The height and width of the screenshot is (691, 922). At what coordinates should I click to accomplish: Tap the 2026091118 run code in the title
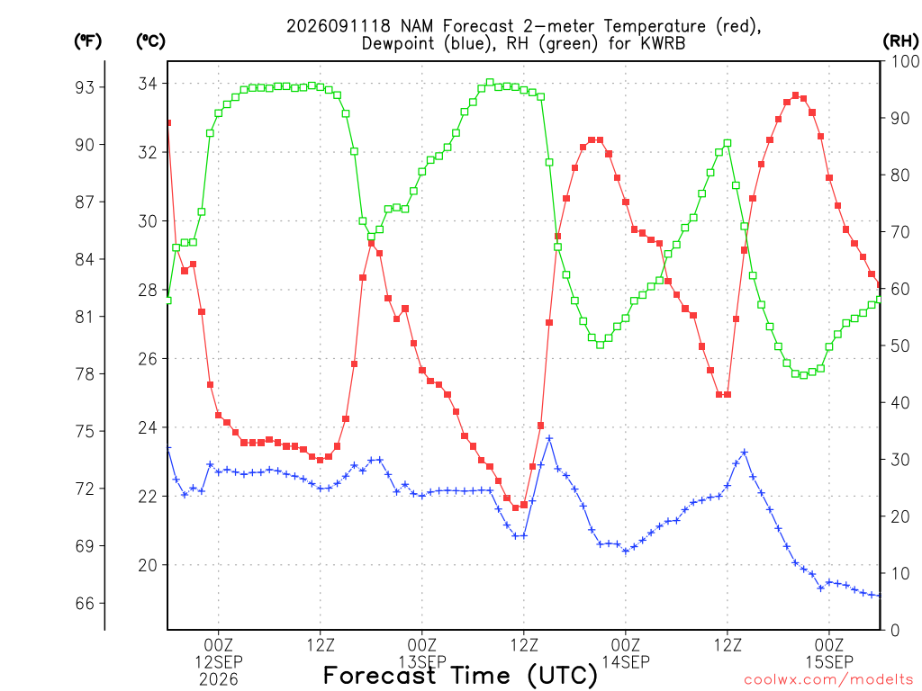[x=339, y=26]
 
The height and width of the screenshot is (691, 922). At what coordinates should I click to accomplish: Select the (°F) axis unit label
[x=87, y=41]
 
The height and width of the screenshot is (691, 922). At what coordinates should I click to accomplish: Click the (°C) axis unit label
[x=150, y=41]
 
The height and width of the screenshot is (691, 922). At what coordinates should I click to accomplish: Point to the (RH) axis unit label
[x=900, y=41]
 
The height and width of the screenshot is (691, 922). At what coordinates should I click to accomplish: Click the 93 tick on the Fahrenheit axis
[x=85, y=87]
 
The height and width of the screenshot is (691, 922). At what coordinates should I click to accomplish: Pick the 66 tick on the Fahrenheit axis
[x=85, y=604]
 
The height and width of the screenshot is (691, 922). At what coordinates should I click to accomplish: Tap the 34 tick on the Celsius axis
[x=149, y=84]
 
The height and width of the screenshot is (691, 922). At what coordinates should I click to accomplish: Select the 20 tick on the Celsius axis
[x=149, y=565]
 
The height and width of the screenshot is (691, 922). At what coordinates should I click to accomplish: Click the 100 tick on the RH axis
[x=905, y=62]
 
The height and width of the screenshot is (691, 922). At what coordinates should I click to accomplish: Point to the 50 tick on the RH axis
[x=900, y=346]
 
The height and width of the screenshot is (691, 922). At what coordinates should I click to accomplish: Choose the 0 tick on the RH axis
[x=896, y=631]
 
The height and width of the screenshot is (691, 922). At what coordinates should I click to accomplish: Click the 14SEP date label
[x=626, y=662]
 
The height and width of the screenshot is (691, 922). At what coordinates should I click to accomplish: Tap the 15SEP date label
[x=829, y=662]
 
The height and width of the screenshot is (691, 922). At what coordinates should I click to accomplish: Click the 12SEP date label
[x=219, y=662]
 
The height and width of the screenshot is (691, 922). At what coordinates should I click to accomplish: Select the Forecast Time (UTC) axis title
[x=460, y=676]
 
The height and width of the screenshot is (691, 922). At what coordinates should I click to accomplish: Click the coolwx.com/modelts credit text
[x=828, y=680]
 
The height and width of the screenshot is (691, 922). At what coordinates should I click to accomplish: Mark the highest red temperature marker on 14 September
[x=796, y=95]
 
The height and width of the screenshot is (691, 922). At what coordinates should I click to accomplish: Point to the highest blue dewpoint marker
[x=549, y=438]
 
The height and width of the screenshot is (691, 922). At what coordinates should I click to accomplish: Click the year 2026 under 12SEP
[x=219, y=680]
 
